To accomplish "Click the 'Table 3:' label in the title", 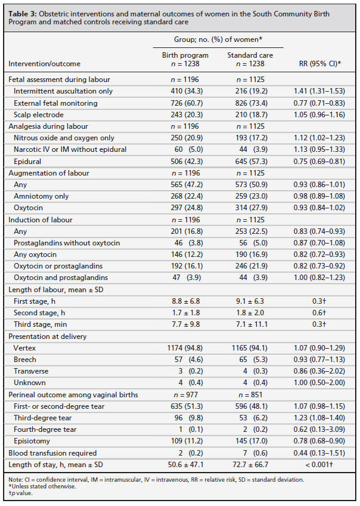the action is pos(22,14).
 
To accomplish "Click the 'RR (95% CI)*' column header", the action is pos(320,64).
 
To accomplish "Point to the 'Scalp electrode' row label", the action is pos(39,115).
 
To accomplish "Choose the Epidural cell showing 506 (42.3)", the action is pos(187,162).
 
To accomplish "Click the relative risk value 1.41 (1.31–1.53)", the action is pos(319,91).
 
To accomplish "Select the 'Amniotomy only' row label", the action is pos(41,196).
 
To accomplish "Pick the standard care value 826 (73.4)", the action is pos(251,103).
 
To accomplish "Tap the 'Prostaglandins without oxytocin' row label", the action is pos(67,243).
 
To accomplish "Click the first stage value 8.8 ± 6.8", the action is pos(186,301).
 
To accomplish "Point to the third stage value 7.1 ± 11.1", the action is pos(251,324).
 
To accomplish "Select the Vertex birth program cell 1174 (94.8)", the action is pos(185,348).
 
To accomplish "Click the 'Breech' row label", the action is pos(25,360).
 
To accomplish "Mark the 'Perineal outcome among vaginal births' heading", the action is pos(73,395).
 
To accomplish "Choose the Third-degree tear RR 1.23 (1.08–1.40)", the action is pos(319,417).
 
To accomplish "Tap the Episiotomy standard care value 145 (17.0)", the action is pos(251,441).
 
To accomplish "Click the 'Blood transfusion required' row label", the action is pos(53,453).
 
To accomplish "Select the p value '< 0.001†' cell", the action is pos(319,465).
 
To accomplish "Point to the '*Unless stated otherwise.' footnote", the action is pos(42,487).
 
